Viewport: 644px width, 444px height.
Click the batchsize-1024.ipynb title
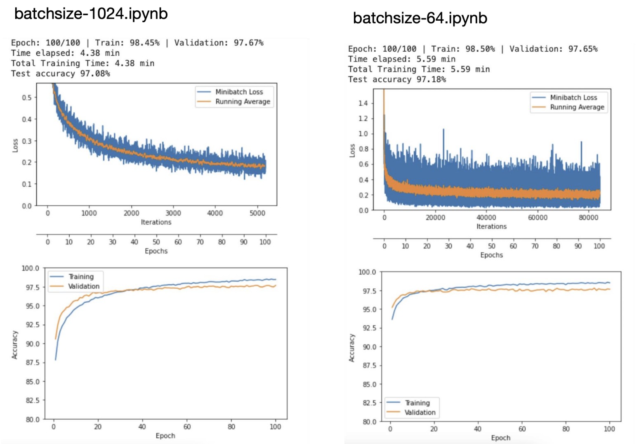(x=91, y=14)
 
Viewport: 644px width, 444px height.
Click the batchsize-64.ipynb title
(x=420, y=18)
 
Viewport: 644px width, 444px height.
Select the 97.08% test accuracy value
(x=95, y=74)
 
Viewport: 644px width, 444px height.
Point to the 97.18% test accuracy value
(x=431, y=79)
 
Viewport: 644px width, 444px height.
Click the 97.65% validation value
(x=583, y=49)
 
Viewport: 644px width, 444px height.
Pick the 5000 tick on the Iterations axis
(x=257, y=213)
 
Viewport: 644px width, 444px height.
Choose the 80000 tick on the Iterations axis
(x=588, y=218)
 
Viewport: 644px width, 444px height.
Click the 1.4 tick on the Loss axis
(x=363, y=103)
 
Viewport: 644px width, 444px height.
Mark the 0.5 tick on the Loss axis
(x=27, y=97)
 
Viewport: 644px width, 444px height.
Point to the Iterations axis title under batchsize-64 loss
(x=491, y=226)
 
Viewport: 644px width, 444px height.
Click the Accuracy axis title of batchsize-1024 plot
(x=15, y=344)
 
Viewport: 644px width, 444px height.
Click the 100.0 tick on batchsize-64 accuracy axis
(x=367, y=272)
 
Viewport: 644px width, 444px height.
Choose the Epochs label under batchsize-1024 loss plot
(x=156, y=251)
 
